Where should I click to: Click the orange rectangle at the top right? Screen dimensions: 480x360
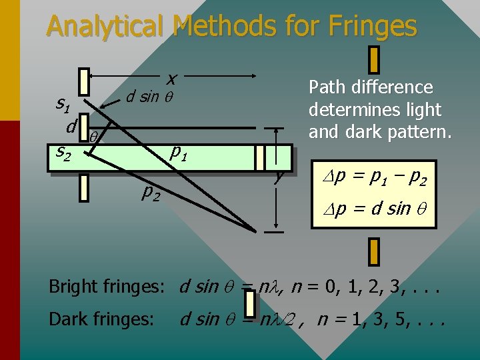374,59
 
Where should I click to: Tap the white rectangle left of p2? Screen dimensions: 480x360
83,187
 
